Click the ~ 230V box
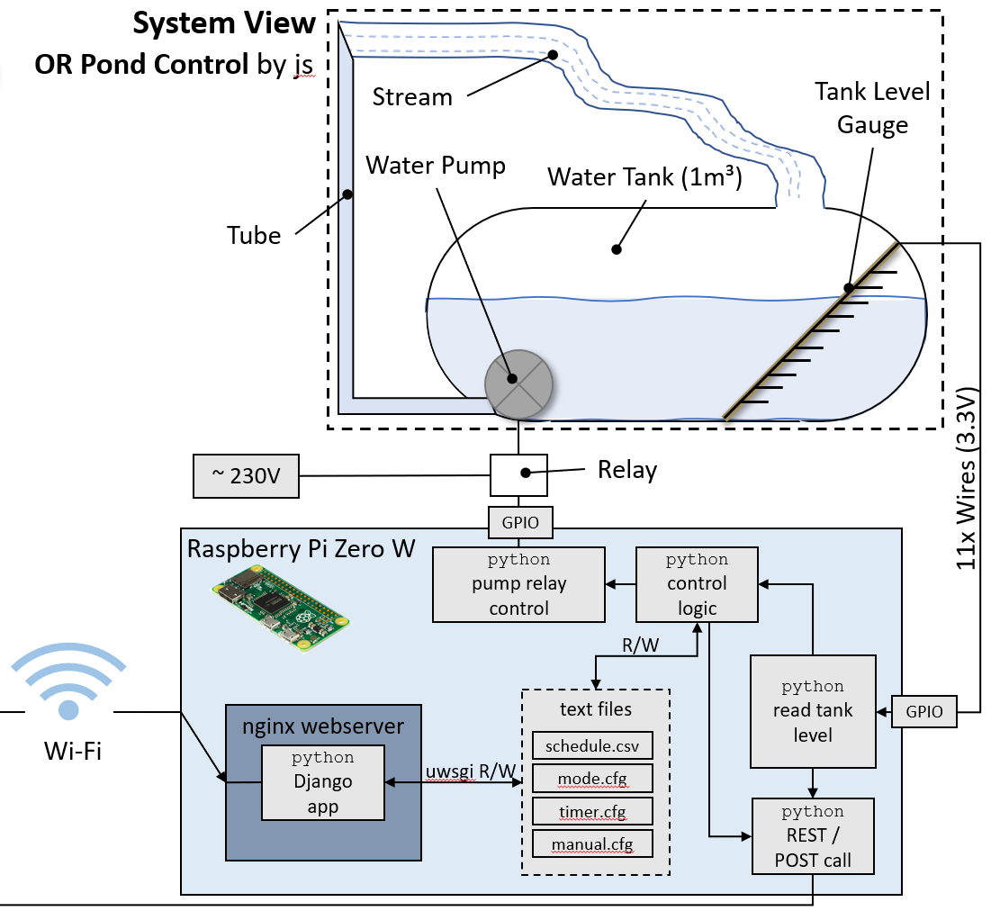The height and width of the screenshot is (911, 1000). pos(246,476)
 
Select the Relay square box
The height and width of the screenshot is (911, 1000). pos(518,474)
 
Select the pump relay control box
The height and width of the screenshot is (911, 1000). pos(518,583)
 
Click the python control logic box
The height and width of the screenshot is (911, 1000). pos(698,583)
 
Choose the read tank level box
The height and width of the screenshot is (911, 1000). pos(813,711)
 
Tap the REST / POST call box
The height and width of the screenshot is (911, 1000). pos(813,836)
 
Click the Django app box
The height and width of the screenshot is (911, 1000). pos(322,781)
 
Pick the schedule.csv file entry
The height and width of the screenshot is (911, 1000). pos(591,746)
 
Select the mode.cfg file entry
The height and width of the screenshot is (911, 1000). pos(591,778)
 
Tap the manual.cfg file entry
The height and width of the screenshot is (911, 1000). pos(591,843)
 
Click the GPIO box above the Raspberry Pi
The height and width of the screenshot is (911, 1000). pos(518,521)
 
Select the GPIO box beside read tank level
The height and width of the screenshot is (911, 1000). pos(924,711)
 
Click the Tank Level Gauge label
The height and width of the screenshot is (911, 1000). pos(871,108)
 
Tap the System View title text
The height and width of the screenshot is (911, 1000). pos(224,24)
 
